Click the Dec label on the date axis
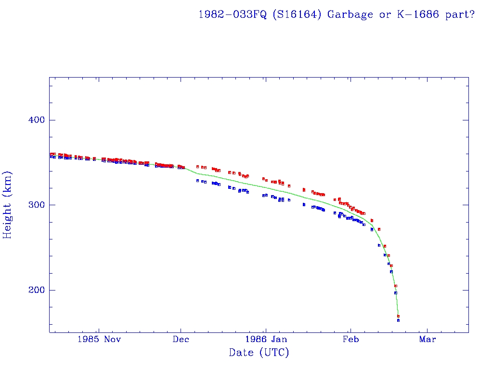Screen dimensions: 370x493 point(181,339)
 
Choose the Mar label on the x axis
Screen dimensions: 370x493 point(428,339)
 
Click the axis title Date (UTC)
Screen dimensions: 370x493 point(259,353)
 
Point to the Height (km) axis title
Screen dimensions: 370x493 point(8,205)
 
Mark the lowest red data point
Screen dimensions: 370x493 point(398,316)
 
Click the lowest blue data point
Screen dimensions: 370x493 point(398,320)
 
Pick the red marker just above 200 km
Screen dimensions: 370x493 point(396,286)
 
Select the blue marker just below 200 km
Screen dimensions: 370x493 point(395,293)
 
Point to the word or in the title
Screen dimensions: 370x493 point(385,14)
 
